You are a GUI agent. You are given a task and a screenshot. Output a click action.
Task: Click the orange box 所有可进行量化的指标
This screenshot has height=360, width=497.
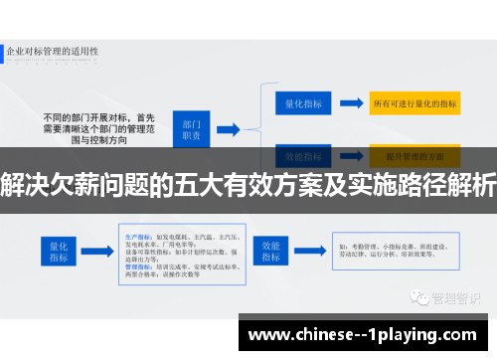(x=414, y=102)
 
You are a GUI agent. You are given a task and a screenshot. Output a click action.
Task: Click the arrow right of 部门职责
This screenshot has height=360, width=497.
(x=228, y=127)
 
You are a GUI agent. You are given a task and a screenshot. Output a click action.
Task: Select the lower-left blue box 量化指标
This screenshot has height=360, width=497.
(x=58, y=249)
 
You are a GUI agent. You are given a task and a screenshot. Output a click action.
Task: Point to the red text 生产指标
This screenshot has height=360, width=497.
(x=138, y=226)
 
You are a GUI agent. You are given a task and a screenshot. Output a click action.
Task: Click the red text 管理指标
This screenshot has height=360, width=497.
(x=138, y=266)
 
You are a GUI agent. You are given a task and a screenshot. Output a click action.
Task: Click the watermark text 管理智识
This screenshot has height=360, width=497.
(x=455, y=296)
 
